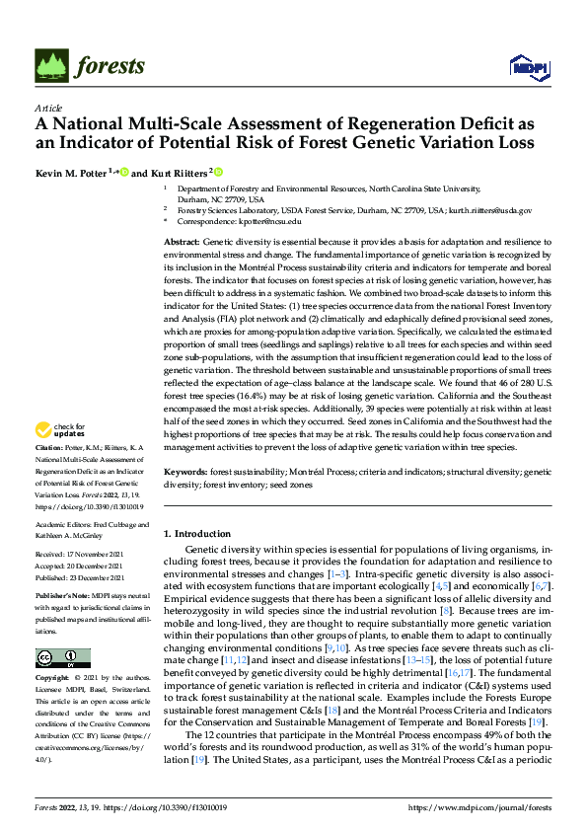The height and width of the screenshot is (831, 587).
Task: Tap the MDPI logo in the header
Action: click(524, 66)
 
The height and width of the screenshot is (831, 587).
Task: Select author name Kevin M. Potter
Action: click(71, 173)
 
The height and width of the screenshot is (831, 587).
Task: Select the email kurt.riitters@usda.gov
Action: click(489, 210)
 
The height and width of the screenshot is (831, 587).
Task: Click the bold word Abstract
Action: click(181, 242)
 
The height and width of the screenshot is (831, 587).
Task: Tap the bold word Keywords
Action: click(183, 473)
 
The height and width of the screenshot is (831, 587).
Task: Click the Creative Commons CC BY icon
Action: click(62, 658)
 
